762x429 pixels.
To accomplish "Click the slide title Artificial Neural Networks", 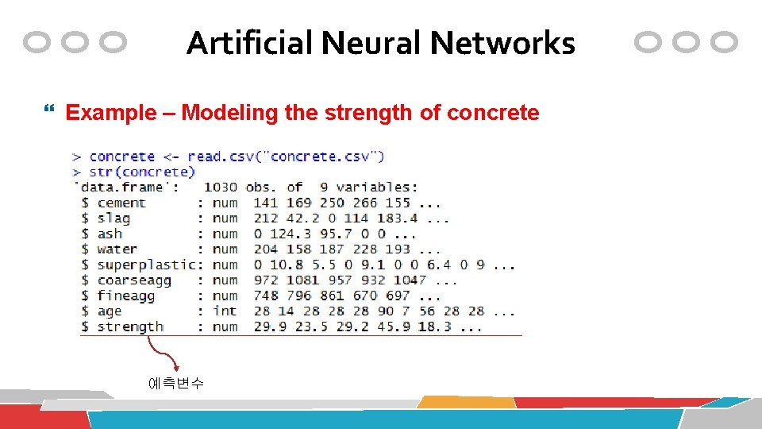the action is [x=380, y=43].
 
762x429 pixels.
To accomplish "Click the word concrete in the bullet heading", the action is [x=493, y=113].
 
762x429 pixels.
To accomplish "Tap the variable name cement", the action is [x=121, y=203].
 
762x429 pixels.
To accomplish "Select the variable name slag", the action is [x=114, y=218].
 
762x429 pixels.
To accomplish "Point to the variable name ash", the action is [x=110, y=234].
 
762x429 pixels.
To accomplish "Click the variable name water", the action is [x=117, y=249].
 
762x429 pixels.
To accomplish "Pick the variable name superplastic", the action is [x=146, y=265].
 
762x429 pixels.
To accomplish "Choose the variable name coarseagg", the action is [x=134, y=280].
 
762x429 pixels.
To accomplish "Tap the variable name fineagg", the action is [x=125, y=296].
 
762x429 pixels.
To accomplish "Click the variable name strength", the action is [x=130, y=327].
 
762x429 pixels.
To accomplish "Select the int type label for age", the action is [x=225, y=311].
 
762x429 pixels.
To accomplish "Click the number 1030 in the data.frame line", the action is [x=220, y=187].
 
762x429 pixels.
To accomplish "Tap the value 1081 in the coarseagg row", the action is [x=302, y=280].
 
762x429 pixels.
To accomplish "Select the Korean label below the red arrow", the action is [x=175, y=383].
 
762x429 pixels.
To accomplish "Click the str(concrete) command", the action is [x=142, y=172].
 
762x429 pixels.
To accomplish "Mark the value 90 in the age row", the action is [x=386, y=311].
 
